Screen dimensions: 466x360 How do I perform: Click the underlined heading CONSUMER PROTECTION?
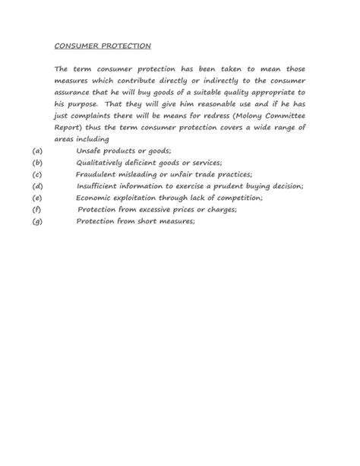tap(103, 45)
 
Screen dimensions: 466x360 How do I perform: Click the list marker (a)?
tap(37, 151)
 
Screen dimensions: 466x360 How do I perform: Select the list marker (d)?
tap(37, 185)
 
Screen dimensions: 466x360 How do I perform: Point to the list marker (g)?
tap(37, 221)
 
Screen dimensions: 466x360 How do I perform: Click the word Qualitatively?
tap(105, 163)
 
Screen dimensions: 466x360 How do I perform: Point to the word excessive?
tap(156, 209)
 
